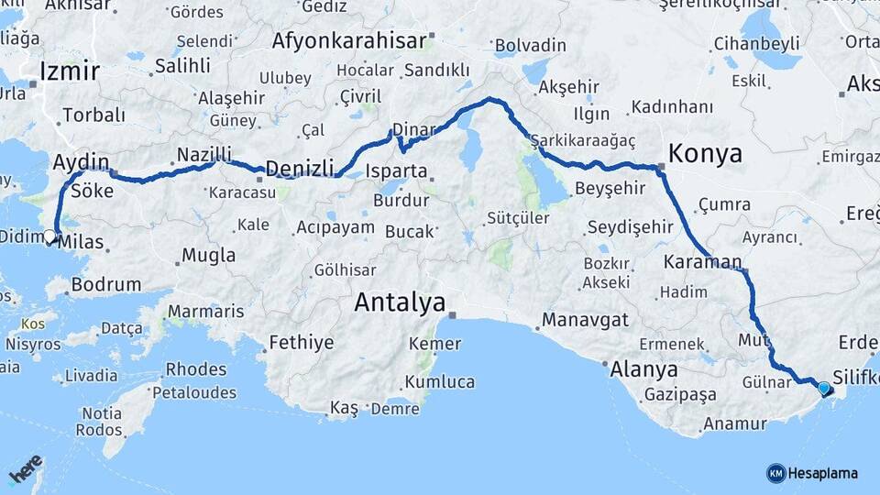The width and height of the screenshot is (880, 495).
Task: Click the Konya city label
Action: pyautogui.click(x=705, y=152)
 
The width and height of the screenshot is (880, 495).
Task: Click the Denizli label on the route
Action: pyautogui.click(x=298, y=168)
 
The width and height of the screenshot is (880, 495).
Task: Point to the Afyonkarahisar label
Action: pyautogui.click(x=349, y=40)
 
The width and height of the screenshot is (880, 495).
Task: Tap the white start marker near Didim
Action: pyautogui.click(x=50, y=236)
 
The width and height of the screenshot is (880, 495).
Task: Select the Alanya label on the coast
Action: pyautogui.click(x=646, y=370)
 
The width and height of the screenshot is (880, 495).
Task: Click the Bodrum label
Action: pyautogui.click(x=106, y=285)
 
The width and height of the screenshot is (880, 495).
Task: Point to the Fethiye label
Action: pyautogui.click(x=301, y=344)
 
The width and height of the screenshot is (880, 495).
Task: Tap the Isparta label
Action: pyautogui.click(x=396, y=170)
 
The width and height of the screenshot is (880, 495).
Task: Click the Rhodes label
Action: pyautogui.click(x=195, y=369)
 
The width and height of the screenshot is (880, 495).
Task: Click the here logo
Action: pyautogui.click(x=25, y=467)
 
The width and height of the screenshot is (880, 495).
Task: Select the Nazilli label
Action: pyautogui.click(x=203, y=153)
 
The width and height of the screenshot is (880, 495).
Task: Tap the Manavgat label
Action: pyautogui.click(x=585, y=320)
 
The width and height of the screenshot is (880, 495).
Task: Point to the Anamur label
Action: pyautogui.click(x=733, y=423)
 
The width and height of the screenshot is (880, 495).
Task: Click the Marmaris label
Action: pyautogui.click(x=205, y=312)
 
